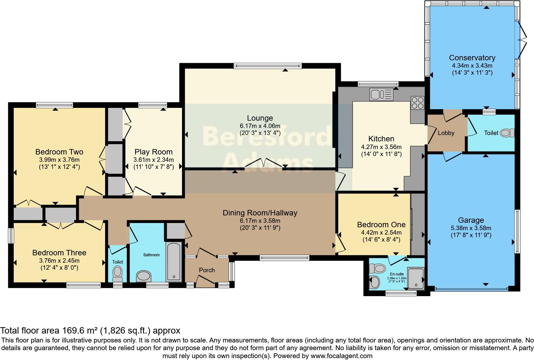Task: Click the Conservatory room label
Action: [x=472, y=58]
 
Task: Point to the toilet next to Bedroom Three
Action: [x=118, y=273]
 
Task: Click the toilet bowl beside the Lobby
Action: [x=507, y=133]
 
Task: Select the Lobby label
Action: [x=446, y=133]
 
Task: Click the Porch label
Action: [x=207, y=270]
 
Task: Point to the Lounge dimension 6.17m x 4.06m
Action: [x=260, y=126]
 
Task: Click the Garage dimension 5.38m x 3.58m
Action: [x=471, y=228]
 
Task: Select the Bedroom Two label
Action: [x=59, y=152]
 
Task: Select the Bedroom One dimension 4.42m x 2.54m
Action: [x=381, y=233]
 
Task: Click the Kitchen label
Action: [x=381, y=139]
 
